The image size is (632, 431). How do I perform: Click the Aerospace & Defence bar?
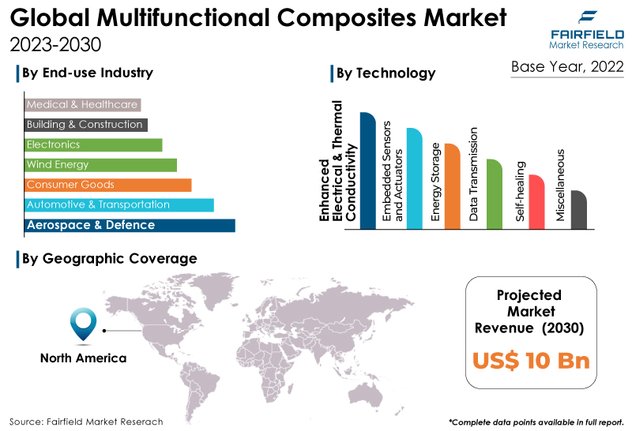pyautogui.click(x=130, y=225)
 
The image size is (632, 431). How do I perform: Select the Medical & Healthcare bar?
pyautogui.click(x=83, y=105)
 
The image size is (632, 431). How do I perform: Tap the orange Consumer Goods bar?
pyautogui.click(x=108, y=185)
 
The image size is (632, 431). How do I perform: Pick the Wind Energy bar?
pyautogui.click(x=101, y=165)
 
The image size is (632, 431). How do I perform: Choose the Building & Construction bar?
pyautogui.click(x=86, y=125)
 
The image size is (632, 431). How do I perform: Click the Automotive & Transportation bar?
pyautogui.click(x=119, y=205)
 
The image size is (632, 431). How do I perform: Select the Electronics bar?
pyautogui.click(x=93, y=145)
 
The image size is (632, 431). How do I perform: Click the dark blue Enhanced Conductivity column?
pyautogui.click(x=367, y=171)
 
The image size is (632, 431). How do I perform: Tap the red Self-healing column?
pyautogui.click(x=536, y=202)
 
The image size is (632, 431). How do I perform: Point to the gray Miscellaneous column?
pyautogui.click(x=579, y=210)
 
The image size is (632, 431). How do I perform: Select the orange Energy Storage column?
pyautogui.click(x=452, y=186)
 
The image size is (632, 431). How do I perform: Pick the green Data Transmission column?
pyautogui.click(x=495, y=194)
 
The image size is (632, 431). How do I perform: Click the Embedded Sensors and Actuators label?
pyautogui.click(x=393, y=171)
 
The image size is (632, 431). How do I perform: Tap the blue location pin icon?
pyautogui.click(x=84, y=324)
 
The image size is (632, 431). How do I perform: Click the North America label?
pyautogui.click(x=84, y=358)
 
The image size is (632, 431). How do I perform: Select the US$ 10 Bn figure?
pyautogui.click(x=531, y=361)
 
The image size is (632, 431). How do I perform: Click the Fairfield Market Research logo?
pyautogui.click(x=586, y=30)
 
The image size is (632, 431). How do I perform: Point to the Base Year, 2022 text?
pyautogui.click(x=567, y=67)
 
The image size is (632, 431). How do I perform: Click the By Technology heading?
pyautogui.click(x=386, y=73)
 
